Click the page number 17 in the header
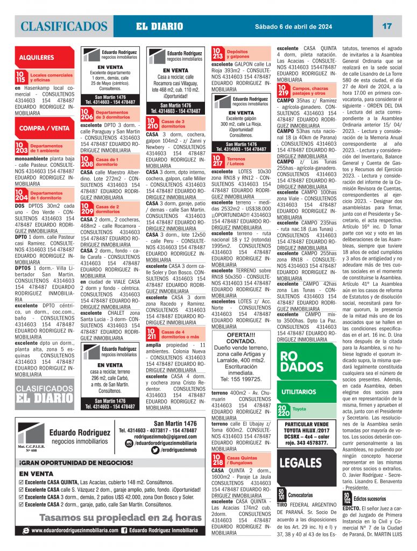click(386, 26)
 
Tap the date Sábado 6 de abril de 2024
click(294, 26)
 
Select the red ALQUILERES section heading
click(36, 56)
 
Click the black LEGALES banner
click(301, 463)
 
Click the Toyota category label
click(300, 409)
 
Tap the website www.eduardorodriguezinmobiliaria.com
click(75, 531)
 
